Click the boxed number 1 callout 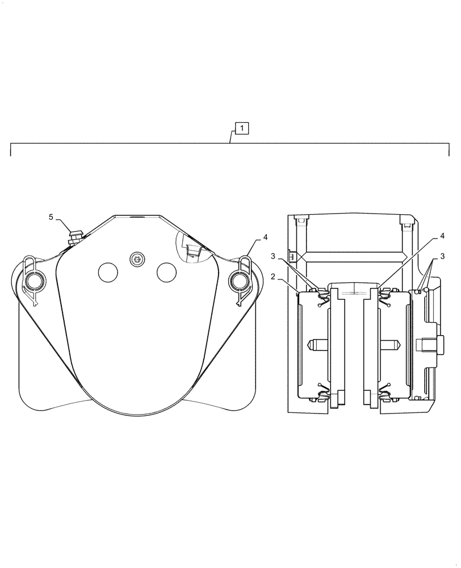click(242, 128)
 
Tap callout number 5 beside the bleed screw click(51, 217)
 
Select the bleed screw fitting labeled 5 click(74, 235)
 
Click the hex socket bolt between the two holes click(136, 259)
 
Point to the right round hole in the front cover click(166, 272)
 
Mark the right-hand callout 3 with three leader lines click(442, 256)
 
